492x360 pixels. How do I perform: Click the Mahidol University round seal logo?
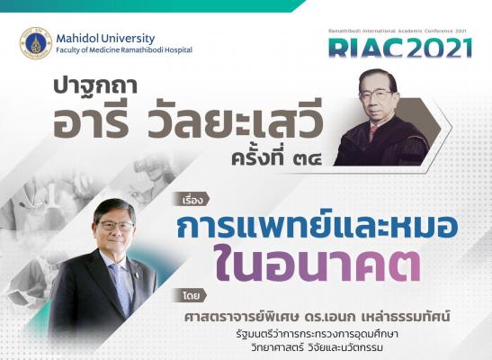click(x=36, y=43)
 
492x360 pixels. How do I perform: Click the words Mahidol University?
click(x=105, y=39)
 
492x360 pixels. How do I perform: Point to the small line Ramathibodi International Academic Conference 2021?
click(x=398, y=31)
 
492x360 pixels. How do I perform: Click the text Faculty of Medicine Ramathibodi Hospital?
click(x=124, y=49)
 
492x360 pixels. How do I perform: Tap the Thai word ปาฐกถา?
click(x=95, y=86)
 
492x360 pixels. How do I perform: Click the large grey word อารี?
click(x=92, y=121)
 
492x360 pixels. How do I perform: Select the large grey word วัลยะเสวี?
click(x=236, y=121)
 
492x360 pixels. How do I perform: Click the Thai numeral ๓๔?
click(x=306, y=159)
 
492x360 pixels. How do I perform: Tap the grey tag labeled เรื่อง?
click(x=191, y=199)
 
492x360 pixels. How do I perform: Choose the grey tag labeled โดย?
click(x=190, y=295)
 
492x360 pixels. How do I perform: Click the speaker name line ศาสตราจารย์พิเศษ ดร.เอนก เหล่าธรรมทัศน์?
click(x=318, y=316)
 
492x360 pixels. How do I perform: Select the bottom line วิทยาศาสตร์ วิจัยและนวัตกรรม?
click(x=318, y=348)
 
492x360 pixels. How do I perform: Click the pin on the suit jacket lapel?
click(x=137, y=275)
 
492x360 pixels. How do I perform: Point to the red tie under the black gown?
click(x=373, y=131)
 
